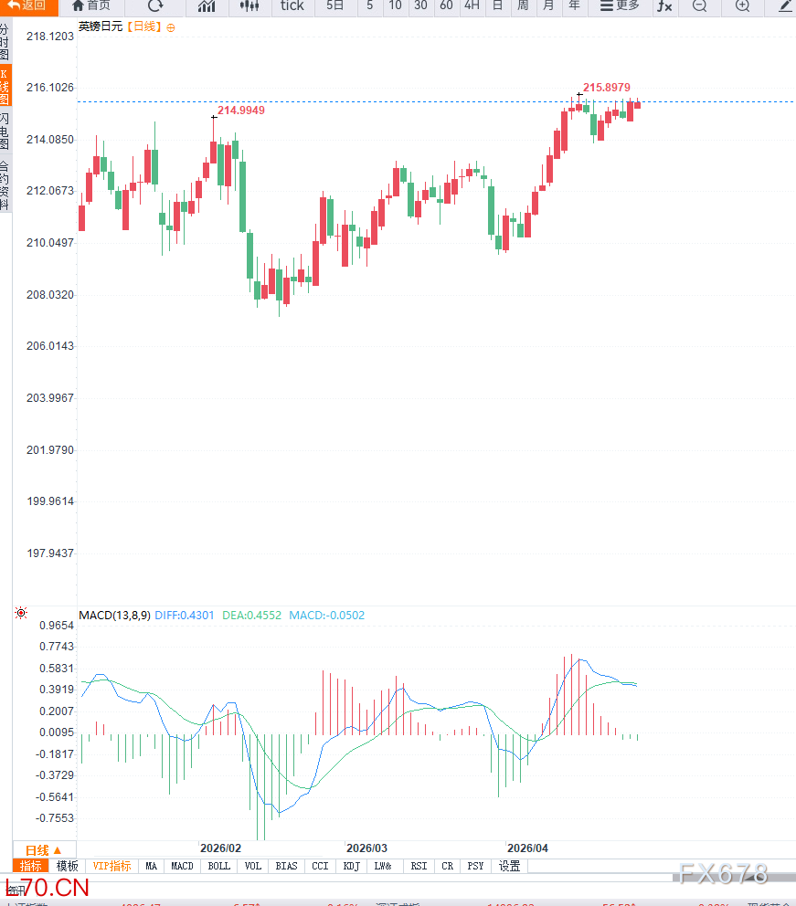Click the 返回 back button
(27, 5)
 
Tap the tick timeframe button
(292, 5)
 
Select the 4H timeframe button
(472, 5)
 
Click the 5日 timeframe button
(335, 5)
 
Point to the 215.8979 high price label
(607, 88)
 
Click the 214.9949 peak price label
(241, 111)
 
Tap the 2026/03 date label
(367, 848)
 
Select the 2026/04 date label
(528, 848)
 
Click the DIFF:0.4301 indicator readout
(185, 616)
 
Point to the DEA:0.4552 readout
(252, 616)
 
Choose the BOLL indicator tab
(219, 866)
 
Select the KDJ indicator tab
(351, 866)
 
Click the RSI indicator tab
(419, 866)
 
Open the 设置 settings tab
(509, 866)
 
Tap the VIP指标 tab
(111, 866)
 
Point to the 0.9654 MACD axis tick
(57, 626)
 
